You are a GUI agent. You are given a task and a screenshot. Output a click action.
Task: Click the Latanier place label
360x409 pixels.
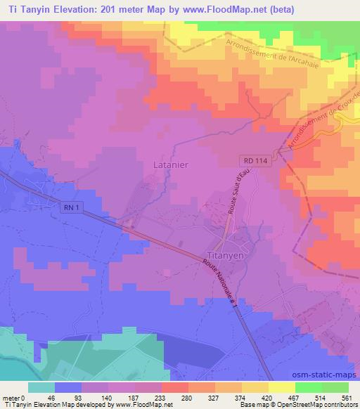pos(169,165)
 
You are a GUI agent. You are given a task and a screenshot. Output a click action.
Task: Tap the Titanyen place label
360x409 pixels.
pos(226,256)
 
